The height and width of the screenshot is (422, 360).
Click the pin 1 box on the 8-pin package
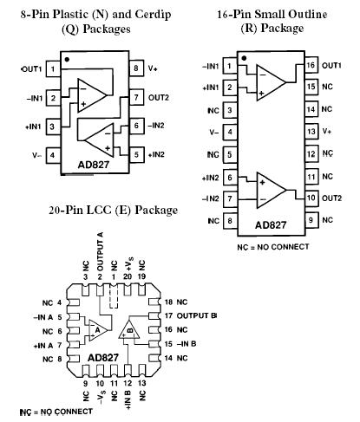[53, 68]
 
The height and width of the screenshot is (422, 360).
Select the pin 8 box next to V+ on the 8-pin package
[137, 68]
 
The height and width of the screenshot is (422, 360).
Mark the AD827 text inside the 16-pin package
[272, 227]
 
